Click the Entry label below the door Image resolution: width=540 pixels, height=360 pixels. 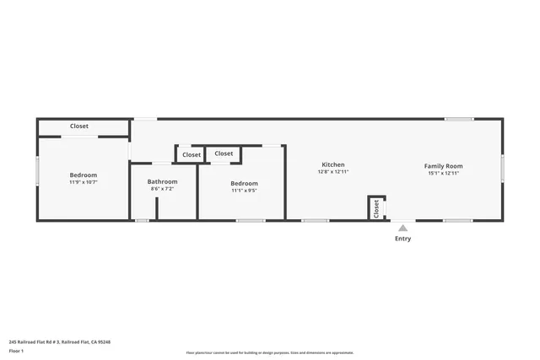tap(403, 239)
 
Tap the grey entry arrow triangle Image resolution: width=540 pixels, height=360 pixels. tap(403, 227)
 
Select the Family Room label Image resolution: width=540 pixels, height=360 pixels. tap(443, 166)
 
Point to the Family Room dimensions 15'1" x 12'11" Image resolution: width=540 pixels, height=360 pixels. tap(443, 173)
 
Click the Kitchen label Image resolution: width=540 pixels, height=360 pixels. tap(332, 164)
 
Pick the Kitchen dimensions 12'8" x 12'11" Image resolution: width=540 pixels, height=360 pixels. tap(332, 171)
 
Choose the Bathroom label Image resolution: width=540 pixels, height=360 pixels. tap(162, 181)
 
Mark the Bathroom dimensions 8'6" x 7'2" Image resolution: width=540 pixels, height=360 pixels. tap(162, 189)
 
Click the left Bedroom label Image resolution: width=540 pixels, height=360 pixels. tap(83, 175)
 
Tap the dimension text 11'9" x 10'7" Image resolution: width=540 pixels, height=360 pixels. tap(83, 182)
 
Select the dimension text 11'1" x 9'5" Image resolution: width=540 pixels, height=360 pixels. tap(244, 191)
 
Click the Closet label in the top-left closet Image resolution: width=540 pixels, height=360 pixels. tap(78, 126)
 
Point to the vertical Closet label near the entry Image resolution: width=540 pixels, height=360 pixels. tap(376, 208)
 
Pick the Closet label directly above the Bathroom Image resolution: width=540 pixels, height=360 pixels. tap(192, 155)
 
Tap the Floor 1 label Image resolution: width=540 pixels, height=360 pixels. tap(16, 350)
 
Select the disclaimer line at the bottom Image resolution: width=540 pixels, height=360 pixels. tap(269, 352)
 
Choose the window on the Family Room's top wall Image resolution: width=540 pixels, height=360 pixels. tap(459, 119)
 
